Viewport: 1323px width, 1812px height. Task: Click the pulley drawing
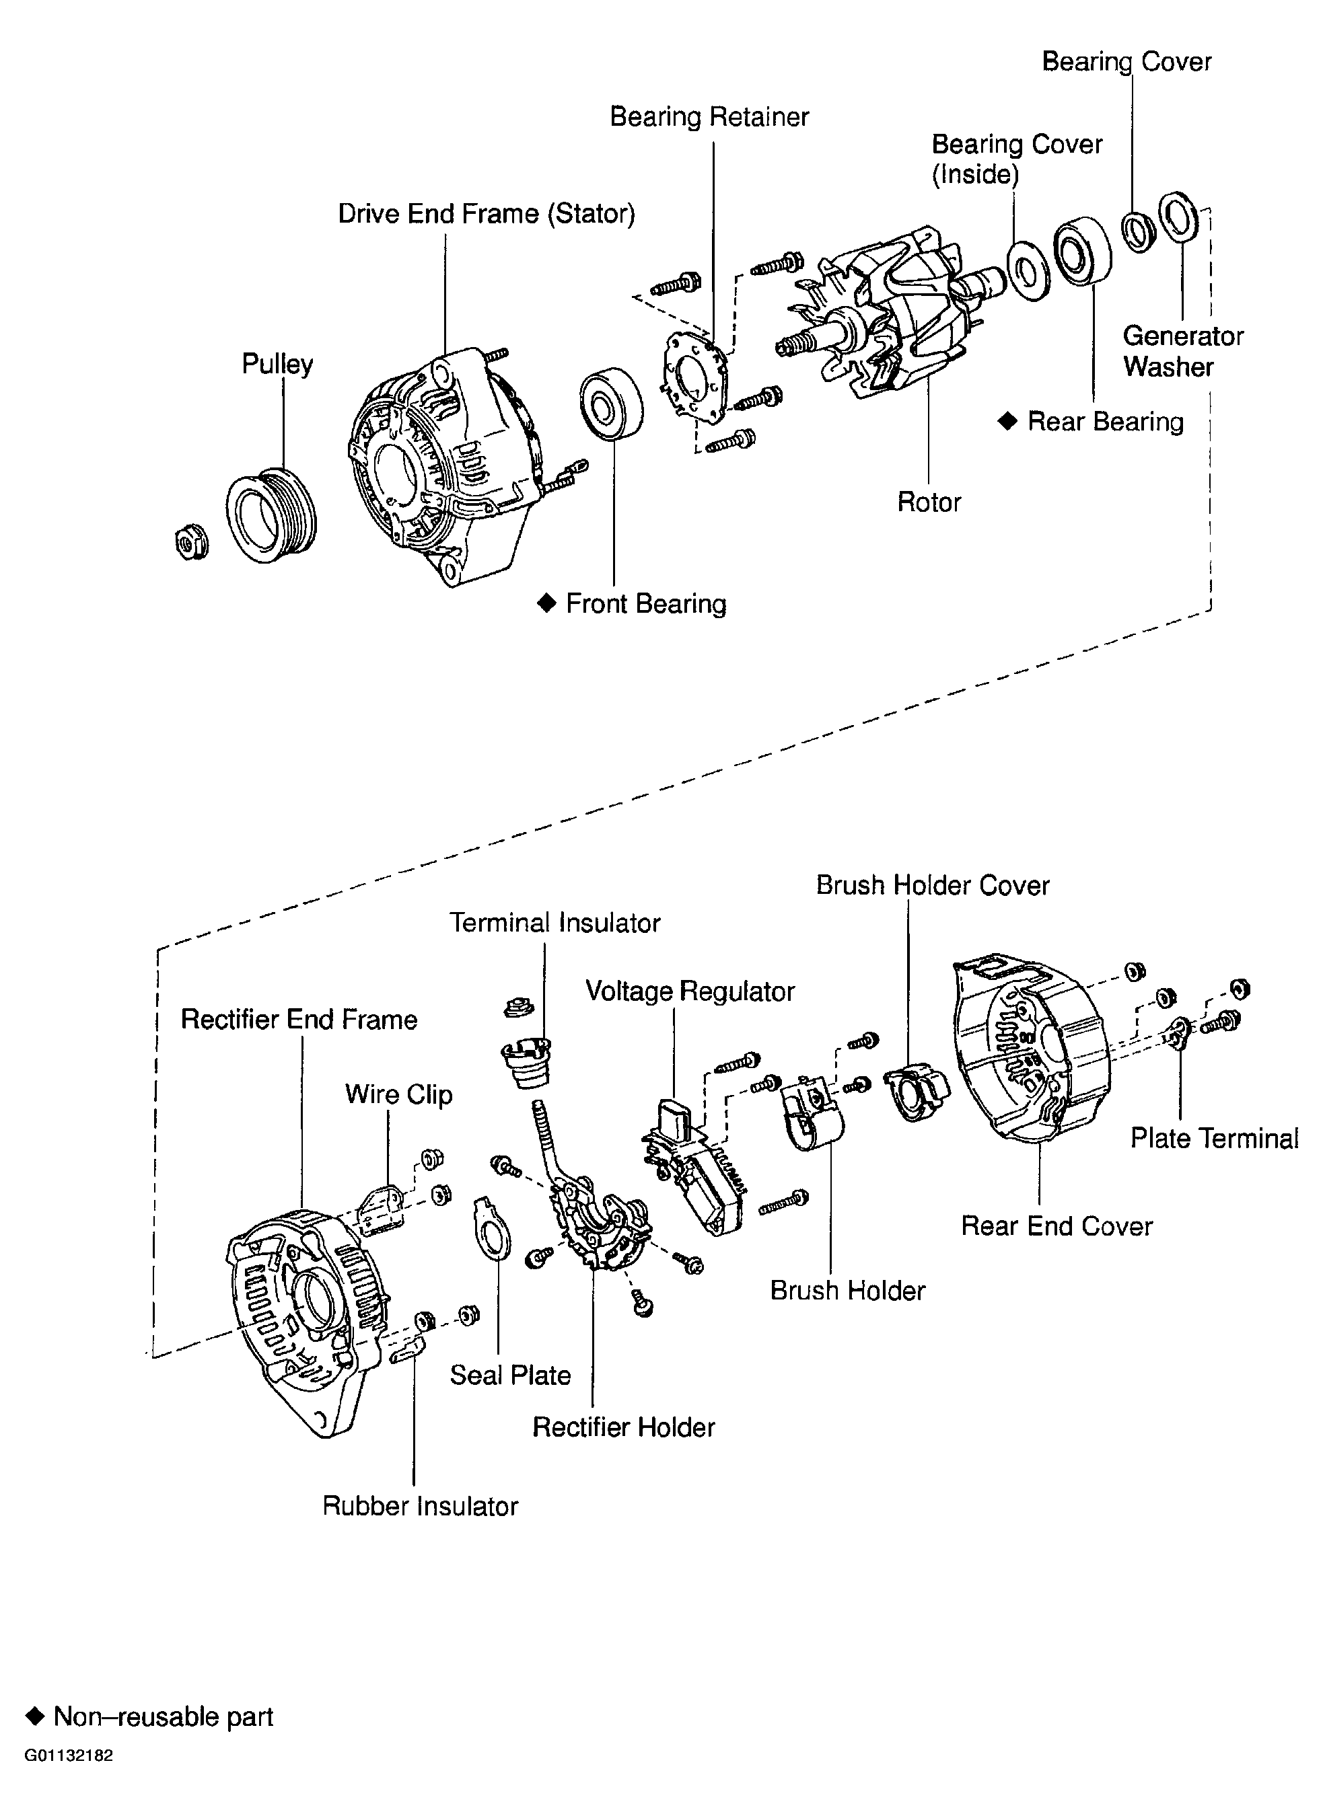coord(271,517)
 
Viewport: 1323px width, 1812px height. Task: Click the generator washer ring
coord(1178,217)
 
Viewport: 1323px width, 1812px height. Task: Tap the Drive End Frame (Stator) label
coord(486,214)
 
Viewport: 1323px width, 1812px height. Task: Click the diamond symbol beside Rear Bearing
coord(1007,421)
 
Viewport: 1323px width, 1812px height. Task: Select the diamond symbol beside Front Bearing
coord(546,603)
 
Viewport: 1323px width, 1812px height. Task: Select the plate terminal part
coord(1179,1032)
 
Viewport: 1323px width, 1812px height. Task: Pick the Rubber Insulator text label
coord(421,1505)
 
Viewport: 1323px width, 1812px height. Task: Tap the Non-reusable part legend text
coord(164,1716)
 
